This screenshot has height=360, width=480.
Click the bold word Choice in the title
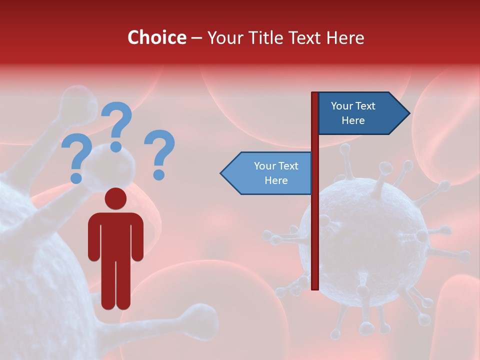click(x=156, y=38)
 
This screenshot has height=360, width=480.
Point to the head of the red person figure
click(x=115, y=198)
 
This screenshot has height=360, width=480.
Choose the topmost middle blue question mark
click(x=116, y=125)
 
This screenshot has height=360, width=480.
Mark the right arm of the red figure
click(x=137, y=237)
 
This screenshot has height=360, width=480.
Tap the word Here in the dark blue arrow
click(x=353, y=120)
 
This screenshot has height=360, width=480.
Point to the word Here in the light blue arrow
click(x=276, y=180)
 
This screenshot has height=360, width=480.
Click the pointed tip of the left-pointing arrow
click(x=222, y=173)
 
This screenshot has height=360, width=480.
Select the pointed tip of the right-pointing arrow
click(x=408, y=113)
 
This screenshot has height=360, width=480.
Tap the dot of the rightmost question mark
click(x=159, y=175)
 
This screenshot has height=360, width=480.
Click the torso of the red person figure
click(x=115, y=235)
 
